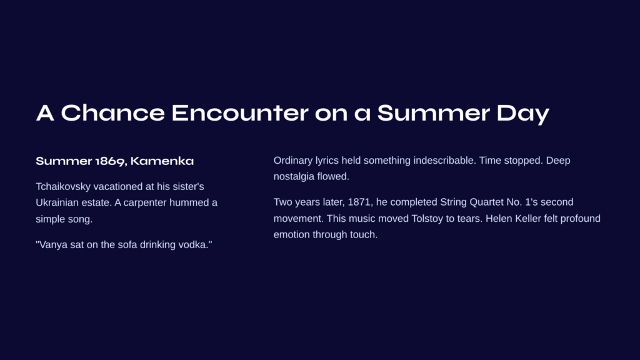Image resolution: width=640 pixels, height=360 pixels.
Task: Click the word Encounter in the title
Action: pyautogui.click(x=239, y=112)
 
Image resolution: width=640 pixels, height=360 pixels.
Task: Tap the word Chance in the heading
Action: pyautogui.click(x=112, y=112)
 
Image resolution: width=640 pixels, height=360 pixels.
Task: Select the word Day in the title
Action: pyautogui.click(x=523, y=114)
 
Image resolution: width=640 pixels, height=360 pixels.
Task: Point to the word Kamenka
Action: pyautogui.click(x=162, y=161)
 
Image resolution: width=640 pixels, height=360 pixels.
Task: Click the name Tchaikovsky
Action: pyautogui.click(x=63, y=186)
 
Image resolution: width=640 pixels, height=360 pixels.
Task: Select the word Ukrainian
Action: pyautogui.click(x=55, y=202)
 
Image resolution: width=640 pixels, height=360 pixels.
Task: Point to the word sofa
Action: pyautogui.click(x=126, y=244)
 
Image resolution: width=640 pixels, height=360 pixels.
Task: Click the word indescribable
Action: pyautogui.click(x=444, y=161)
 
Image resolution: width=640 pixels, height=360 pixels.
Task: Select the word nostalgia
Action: pyautogui.click(x=292, y=177)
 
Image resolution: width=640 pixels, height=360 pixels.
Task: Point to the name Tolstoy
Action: pyautogui.click(x=427, y=218)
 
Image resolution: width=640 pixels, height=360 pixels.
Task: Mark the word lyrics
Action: pyautogui.click(x=326, y=161)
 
